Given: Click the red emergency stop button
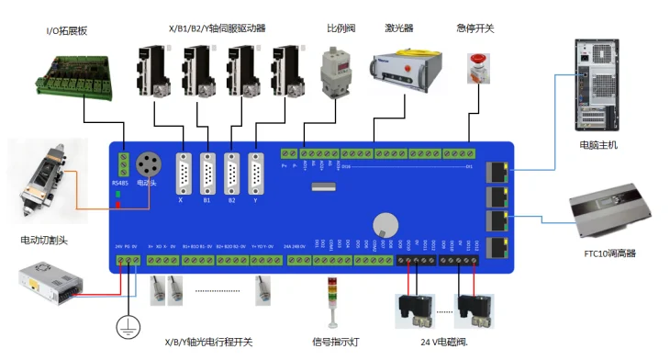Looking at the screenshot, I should [476, 65].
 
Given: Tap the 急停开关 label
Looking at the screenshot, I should [475, 29].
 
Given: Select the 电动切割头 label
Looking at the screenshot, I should [45, 241].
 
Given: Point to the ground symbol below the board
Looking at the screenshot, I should [125, 326].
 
